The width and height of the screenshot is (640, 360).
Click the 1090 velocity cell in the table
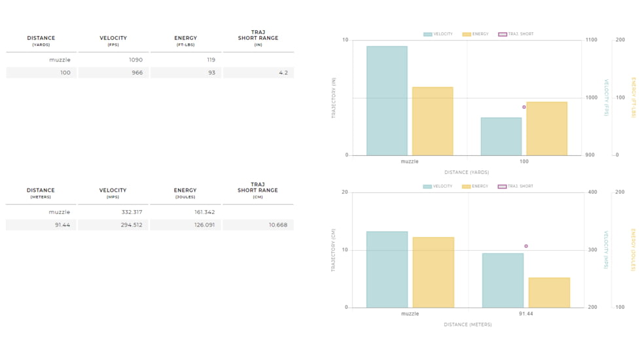[135, 60]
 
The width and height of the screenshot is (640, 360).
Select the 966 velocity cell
[137, 73]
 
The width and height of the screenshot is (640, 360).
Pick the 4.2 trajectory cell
[283, 73]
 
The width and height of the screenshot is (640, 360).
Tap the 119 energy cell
[211, 60]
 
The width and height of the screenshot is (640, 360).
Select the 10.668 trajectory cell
[277, 225]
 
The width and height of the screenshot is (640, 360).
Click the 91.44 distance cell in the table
[62, 225]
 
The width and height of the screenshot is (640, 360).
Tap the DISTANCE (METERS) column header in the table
[41, 193]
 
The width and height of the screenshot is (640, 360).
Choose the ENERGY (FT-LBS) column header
[186, 41]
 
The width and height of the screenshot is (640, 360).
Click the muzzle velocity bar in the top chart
[387, 101]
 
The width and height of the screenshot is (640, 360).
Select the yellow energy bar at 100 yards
[546, 129]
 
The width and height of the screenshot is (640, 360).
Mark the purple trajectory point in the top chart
[524, 107]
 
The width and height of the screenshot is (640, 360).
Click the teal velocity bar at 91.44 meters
[503, 280]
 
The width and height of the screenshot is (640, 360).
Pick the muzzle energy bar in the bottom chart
[433, 272]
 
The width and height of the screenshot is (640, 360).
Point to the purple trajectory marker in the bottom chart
[526, 246]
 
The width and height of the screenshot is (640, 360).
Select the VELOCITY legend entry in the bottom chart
[438, 187]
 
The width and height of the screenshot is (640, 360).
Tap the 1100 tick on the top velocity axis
[591, 40]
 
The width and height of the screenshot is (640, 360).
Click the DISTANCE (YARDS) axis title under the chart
[467, 172]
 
